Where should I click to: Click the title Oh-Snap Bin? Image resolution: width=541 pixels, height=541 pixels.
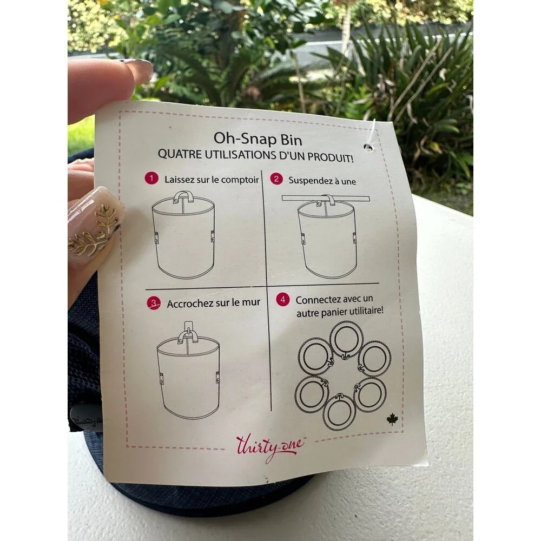(258, 139)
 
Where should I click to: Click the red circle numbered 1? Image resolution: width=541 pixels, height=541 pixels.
(151, 179)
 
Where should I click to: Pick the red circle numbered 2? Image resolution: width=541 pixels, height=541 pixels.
(276, 179)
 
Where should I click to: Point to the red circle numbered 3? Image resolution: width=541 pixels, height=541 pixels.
(154, 303)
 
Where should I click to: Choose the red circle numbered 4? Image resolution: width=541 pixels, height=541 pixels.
(283, 299)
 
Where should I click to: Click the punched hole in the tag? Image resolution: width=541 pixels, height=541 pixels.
(368, 147)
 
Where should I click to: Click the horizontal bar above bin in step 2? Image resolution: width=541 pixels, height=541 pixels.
(325, 198)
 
